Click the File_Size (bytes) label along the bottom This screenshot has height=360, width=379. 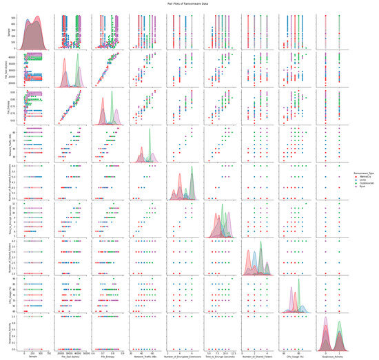pos(71,355)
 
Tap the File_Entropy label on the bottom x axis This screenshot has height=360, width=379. pos(108,355)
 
